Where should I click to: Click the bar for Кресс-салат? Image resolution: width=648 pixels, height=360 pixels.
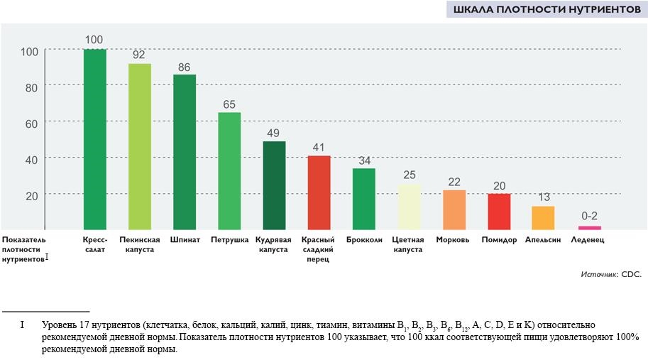[95, 139]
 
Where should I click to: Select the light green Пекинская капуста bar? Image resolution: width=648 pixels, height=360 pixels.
[140, 146]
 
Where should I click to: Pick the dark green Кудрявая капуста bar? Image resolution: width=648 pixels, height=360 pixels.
[274, 185]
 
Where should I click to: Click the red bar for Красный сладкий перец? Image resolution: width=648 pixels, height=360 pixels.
[319, 192]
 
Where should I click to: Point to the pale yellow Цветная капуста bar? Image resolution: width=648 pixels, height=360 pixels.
[409, 206]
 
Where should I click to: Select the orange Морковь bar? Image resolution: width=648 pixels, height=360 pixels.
[454, 209]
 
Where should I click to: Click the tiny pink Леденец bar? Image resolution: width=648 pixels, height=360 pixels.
[589, 227]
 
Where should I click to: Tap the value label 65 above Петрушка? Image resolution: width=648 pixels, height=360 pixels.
[229, 104]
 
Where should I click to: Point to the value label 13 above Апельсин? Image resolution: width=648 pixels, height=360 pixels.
[543, 198]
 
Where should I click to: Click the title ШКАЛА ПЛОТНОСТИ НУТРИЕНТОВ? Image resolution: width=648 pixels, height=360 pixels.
[547, 10]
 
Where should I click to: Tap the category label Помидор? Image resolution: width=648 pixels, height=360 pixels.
[499, 240]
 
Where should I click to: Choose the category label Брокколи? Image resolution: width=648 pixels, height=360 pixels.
[364, 240]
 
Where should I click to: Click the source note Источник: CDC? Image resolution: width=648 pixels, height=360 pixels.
[610, 274]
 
